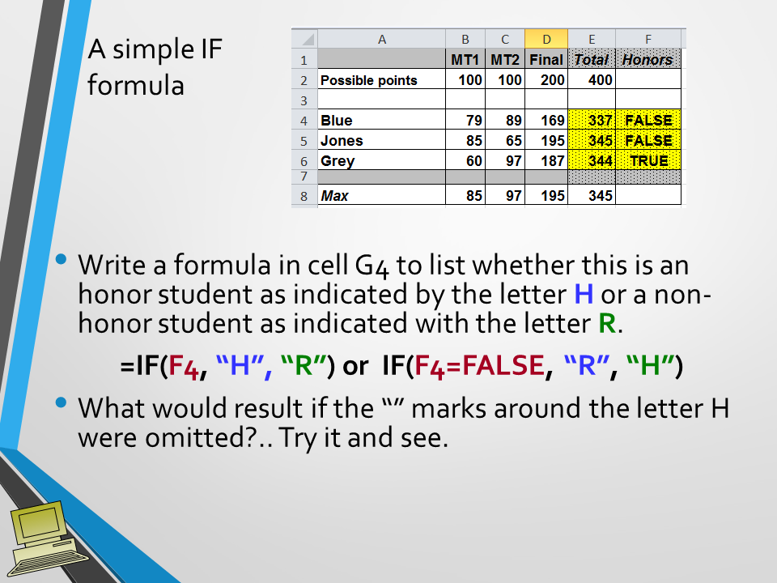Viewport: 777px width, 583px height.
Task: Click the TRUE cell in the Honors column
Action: [x=648, y=160]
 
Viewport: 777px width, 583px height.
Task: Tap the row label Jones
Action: [x=342, y=141]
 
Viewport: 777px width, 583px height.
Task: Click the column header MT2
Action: [x=505, y=60]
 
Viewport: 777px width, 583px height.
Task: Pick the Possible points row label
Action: [x=369, y=80]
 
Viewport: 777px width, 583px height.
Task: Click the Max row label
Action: [x=335, y=196]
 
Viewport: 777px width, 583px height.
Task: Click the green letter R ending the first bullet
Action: [x=606, y=324]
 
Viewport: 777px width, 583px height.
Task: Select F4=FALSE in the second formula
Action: [x=478, y=366]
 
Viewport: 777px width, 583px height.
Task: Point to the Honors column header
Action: [x=647, y=60]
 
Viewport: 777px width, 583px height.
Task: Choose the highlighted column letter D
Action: [x=546, y=39]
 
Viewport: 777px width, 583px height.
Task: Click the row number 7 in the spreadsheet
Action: [x=304, y=176]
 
